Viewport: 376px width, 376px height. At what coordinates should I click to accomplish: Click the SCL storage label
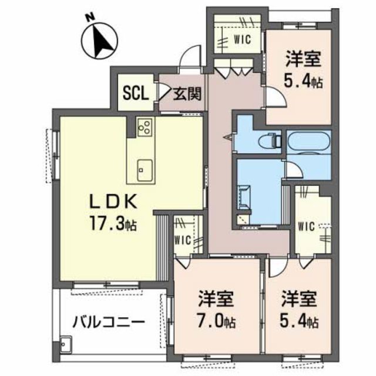(135, 93)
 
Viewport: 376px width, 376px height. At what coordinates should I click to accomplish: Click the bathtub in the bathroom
(310, 142)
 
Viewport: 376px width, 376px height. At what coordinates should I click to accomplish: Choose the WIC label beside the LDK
(183, 240)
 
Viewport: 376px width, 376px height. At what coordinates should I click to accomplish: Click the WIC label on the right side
(307, 226)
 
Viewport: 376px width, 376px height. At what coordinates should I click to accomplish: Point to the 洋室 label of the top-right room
(304, 59)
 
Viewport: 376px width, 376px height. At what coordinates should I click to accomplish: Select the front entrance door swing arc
(189, 59)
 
